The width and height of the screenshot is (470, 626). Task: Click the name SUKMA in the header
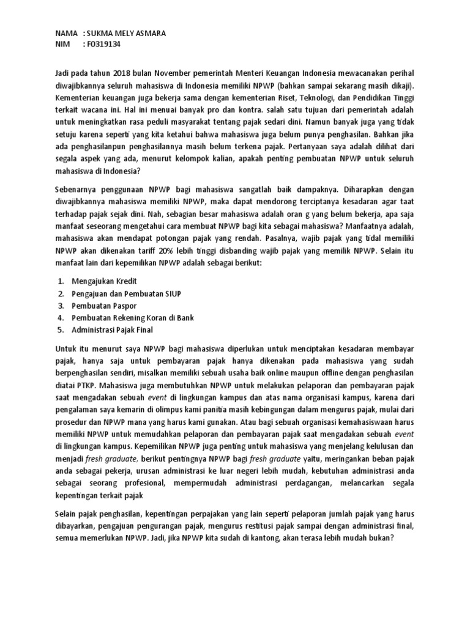[x=101, y=33]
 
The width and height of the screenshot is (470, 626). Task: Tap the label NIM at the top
[x=63, y=44]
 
